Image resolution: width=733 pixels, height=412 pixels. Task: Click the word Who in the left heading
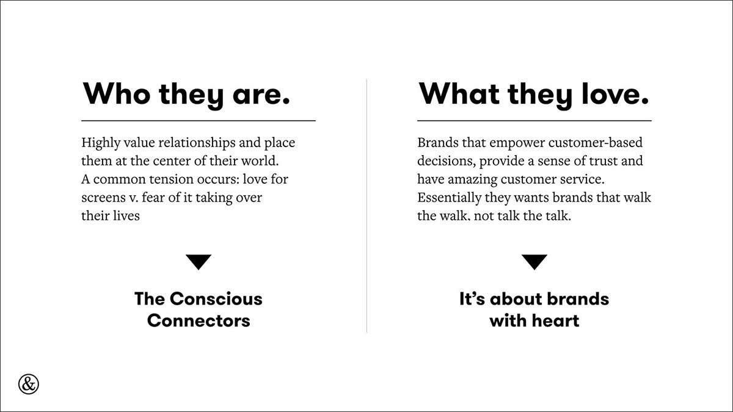[x=117, y=93]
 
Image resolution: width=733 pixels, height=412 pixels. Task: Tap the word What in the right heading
[x=459, y=93]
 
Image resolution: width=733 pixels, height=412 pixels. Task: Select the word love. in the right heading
[x=615, y=93]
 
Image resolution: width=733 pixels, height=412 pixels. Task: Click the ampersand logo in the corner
[x=29, y=384]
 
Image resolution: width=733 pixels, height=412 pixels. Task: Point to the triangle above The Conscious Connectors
[x=199, y=262]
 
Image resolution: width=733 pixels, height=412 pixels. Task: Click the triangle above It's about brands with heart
[x=534, y=262]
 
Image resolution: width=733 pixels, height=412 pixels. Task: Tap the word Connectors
[x=199, y=320]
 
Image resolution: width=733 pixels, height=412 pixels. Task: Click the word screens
[x=101, y=198]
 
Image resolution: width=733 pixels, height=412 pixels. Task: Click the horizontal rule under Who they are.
[x=199, y=121]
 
